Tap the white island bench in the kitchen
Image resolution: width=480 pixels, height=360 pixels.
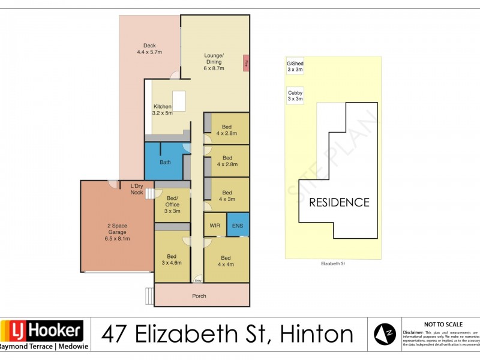pos(179,99)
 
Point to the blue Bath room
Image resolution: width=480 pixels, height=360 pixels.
pos(165,161)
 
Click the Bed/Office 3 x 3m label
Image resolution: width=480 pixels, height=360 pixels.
pos(172,205)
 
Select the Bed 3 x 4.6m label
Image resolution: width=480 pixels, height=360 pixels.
pos(172,260)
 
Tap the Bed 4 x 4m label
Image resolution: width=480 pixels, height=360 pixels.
pos(226,260)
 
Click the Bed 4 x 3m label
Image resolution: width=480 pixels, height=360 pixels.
pos(226,196)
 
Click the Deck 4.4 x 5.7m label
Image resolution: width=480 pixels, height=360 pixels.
pos(149,49)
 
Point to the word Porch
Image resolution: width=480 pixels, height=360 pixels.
pos(199,296)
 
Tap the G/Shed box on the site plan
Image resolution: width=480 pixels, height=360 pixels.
pos(295,66)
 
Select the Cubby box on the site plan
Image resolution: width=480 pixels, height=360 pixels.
pos(295,95)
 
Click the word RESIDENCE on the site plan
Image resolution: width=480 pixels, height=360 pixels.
pos(339,202)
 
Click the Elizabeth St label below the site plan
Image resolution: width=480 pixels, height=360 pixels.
pos(333,263)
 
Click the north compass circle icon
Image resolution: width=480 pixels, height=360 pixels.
pos(385,334)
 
